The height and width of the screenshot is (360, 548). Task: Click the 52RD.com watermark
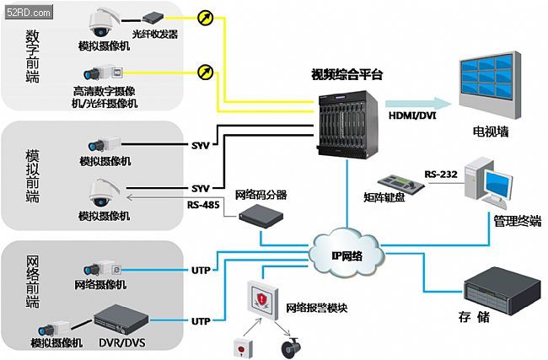[29, 13]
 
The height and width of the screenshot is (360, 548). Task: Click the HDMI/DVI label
[412, 116]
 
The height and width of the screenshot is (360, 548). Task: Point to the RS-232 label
[441, 174]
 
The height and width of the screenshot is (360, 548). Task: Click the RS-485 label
[203, 205]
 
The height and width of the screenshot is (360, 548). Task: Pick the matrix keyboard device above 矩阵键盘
[400, 183]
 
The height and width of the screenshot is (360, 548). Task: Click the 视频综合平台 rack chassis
[348, 124]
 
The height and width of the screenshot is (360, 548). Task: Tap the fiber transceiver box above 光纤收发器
[153, 17]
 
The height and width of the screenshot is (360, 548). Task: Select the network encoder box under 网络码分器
[261, 217]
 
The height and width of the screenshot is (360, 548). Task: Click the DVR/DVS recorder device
[121, 320]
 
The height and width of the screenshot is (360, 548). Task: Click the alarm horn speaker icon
[291, 347]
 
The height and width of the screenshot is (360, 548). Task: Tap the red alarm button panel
[243, 347]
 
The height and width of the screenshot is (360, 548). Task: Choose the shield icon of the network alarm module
[261, 299]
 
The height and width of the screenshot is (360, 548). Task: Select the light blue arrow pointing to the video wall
[418, 104]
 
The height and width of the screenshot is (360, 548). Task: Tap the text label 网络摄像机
[100, 284]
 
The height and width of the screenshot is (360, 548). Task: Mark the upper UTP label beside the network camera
[201, 270]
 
